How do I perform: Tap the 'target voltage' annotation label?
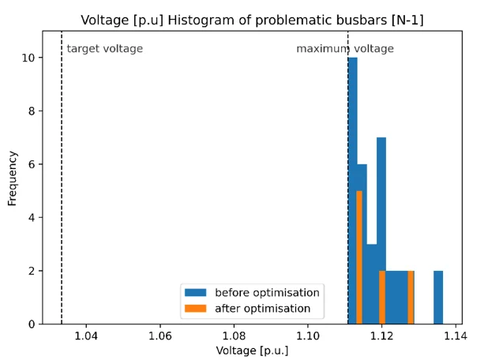(104, 49)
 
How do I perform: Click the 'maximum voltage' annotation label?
(344, 49)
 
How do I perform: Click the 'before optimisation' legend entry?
(267, 293)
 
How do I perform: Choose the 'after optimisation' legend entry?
(262, 309)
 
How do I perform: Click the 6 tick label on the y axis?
(30, 164)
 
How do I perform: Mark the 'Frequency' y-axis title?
(13, 178)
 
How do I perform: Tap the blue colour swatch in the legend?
(195, 293)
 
